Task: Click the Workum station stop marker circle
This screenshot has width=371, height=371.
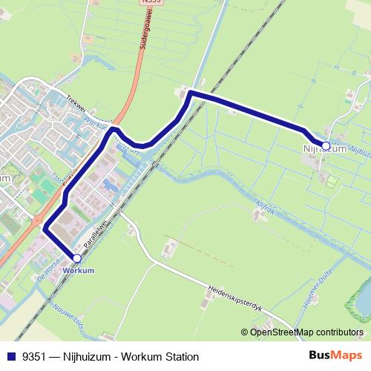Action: tap(76, 258)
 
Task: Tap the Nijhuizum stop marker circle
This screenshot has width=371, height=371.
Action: tap(325, 145)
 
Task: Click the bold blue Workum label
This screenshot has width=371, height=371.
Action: tap(79, 270)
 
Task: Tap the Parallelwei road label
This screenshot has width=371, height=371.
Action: tap(96, 233)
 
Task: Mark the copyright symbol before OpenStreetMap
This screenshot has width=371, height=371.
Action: tap(245, 332)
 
